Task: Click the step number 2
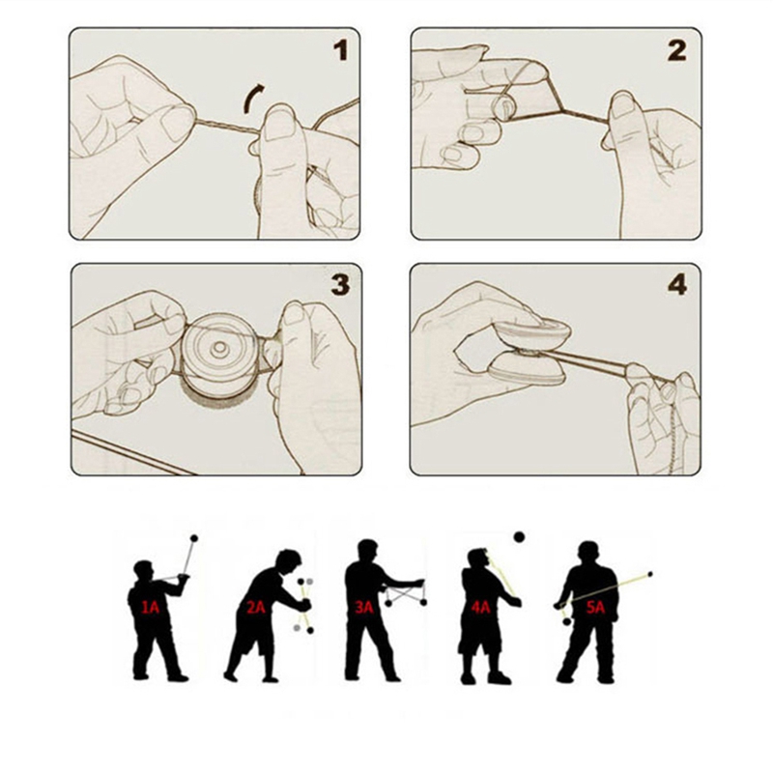tap(677, 50)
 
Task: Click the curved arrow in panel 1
tap(252, 97)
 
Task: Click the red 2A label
tap(256, 607)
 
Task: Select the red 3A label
tap(364, 607)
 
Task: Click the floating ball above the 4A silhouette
tap(519, 536)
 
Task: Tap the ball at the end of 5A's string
tap(650, 574)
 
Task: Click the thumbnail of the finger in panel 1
tap(279, 123)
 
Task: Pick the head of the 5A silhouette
tap(588, 552)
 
